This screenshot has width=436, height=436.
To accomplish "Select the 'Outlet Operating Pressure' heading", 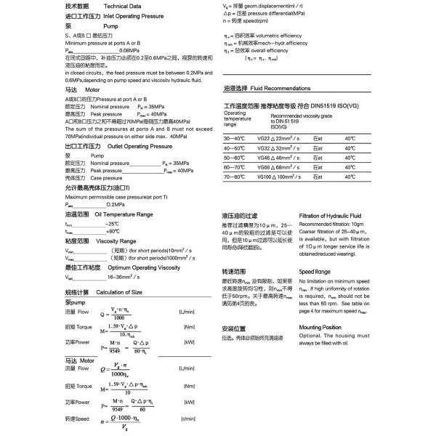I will coord(128,147).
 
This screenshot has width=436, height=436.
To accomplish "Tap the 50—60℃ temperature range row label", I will coord(234,157).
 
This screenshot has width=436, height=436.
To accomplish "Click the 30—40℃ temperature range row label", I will coord(234,138).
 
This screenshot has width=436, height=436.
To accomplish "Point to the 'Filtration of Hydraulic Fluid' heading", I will coord(331,216).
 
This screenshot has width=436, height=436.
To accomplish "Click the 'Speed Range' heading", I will coord(315,271).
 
